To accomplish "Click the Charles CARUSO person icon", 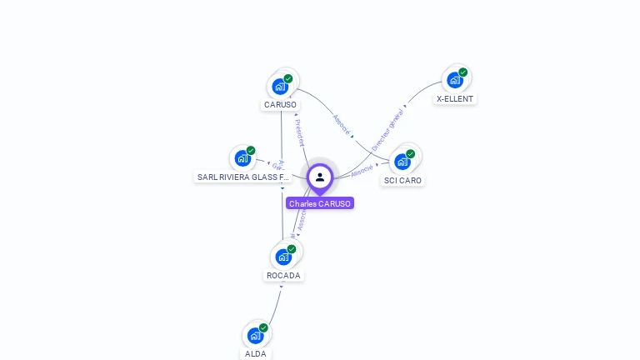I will (x=320, y=177).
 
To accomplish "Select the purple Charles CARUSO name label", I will (x=320, y=203).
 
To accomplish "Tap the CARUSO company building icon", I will (x=281, y=86).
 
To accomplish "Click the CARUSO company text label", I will (x=280, y=105).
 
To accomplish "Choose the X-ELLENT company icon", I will (x=454, y=80).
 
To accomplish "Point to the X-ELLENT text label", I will (x=455, y=98).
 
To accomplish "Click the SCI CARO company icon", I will (x=402, y=161).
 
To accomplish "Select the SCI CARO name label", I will (x=403, y=180).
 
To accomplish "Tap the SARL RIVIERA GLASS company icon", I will (x=242, y=157).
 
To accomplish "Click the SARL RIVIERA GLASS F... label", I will (x=243, y=177).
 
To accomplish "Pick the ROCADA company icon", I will (x=283, y=257).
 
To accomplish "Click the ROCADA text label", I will (x=283, y=275).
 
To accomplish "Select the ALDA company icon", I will (x=256, y=335).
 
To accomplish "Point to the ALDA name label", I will (x=256, y=353).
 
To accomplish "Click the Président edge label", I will (x=300, y=132).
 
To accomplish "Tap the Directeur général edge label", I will (x=387, y=129).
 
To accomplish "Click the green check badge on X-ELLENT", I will (x=463, y=72).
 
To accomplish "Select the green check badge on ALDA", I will (x=263, y=327).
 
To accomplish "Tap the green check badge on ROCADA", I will (x=292, y=249).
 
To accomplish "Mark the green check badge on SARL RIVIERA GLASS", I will (x=251, y=151).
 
